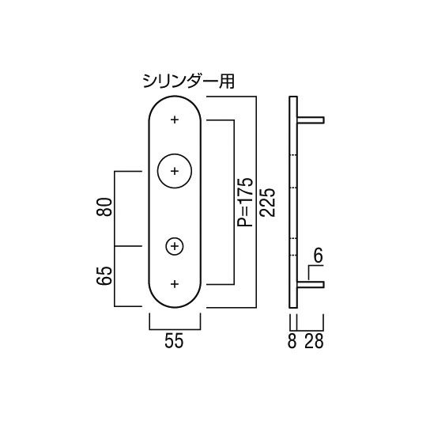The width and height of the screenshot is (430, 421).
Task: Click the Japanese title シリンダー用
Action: (x=189, y=82)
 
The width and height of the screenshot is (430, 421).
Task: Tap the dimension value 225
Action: (x=268, y=203)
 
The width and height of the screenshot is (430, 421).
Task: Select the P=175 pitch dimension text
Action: (x=244, y=202)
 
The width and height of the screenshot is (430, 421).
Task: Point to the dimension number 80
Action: (x=104, y=207)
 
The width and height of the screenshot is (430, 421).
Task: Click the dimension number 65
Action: (x=104, y=276)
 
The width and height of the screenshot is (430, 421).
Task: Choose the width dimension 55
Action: (x=174, y=341)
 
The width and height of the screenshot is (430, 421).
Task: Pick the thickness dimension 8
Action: (x=292, y=341)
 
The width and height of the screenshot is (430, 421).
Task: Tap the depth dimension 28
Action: (x=314, y=341)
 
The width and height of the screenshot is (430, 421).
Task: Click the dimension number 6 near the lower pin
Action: (x=318, y=256)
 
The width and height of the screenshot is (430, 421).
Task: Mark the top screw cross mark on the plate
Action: (x=175, y=119)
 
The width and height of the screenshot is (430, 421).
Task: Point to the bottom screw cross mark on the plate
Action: (x=175, y=284)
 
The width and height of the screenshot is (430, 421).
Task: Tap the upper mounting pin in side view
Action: (x=311, y=120)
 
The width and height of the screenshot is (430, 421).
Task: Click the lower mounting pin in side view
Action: (x=311, y=285)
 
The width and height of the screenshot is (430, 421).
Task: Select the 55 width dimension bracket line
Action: (x=175, y=329)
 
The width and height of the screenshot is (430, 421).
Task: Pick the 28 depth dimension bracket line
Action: (x=311, y=330)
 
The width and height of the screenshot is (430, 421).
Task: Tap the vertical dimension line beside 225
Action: (x=256, y=202)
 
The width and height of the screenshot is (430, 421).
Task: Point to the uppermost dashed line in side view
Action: (x=293, y=155)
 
